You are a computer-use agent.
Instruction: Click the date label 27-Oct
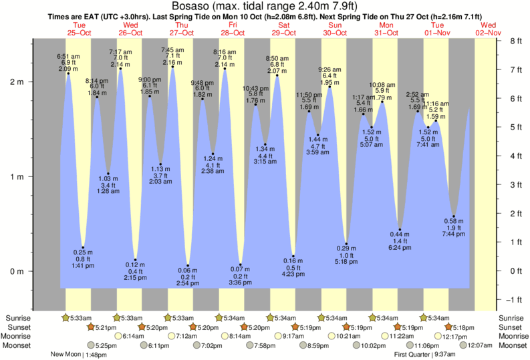(x=181, y=33)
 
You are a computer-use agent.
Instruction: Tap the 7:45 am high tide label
(x=173, y=50)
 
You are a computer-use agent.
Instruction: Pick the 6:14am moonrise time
(x=134, y=336)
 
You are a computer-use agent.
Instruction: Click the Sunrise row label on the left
(x=18, y=318)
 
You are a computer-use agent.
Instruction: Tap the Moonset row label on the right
(x=511, y=345)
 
